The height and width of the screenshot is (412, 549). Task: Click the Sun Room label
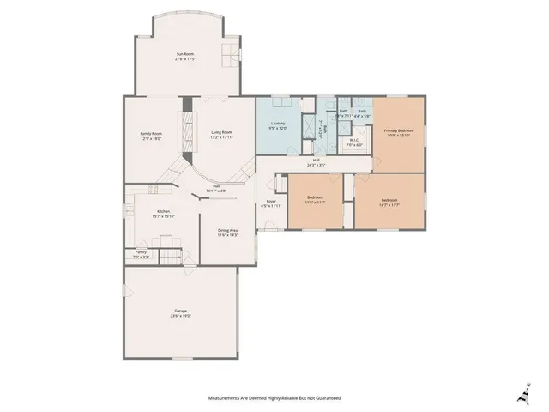(186, 54)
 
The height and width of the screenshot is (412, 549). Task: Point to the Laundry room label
(277, 124)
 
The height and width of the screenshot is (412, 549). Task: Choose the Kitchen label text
(163, 212)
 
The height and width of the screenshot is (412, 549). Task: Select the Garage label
(181, 310)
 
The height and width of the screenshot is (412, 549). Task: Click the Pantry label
(141, 252)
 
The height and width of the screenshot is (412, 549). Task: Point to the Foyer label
(270, 202)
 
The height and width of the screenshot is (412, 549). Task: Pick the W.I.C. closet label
(354, 141)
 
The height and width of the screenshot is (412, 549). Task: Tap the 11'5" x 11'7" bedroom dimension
(315, 203)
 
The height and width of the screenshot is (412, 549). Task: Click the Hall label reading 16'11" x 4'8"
(217, 190)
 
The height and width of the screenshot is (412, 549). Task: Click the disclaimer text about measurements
(274, 398)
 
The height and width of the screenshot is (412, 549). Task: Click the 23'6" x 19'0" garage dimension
(181, 316)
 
